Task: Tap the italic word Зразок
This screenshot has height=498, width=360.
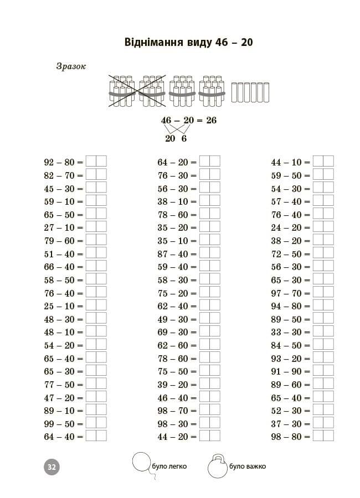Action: point(71,66)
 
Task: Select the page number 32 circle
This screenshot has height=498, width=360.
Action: point(51,466)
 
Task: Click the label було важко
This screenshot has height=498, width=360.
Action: point(247,466)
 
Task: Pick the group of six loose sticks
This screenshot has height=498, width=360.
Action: point(250,92)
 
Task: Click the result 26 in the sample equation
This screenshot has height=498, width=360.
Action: point(211,120)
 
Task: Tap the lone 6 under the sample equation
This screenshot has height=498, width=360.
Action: point(184,138)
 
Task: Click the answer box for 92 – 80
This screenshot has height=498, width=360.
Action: point(96,162)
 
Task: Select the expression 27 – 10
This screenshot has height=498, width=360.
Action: point(59,227)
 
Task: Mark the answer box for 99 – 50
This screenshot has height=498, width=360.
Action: point(96,423)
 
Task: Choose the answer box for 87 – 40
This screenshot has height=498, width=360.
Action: point(209,253)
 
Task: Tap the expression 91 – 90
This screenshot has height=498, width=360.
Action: point(286,371)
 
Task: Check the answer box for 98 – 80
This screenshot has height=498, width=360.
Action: point(323,436)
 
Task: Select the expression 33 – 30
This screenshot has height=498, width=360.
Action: point(286,332)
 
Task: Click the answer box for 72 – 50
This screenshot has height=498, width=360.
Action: point(323,253)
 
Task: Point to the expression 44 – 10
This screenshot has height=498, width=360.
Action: point(286,162)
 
